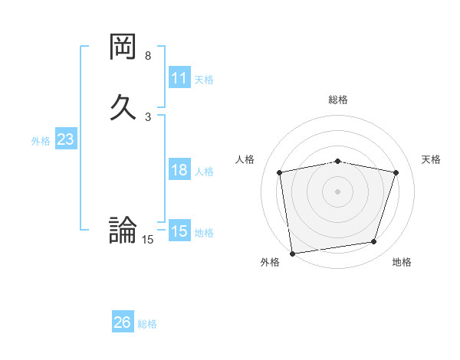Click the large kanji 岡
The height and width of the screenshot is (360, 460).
click(x=123, y=49)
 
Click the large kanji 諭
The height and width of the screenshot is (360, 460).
click(x=123, y=230)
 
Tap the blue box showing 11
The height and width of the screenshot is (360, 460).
click(x=179, y=78)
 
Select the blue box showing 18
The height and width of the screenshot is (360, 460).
click(x=179, y=170)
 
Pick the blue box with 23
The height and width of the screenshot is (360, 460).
click(x=65, y=139)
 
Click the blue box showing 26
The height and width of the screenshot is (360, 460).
click(x=123, y=322)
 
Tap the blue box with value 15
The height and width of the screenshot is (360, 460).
click(x=179, y=231)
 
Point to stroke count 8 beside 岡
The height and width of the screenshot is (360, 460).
click(x=148, y=56)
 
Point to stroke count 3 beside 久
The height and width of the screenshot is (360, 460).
click(x=148, y=117)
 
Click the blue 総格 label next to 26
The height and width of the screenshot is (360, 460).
click(x=147, y=324)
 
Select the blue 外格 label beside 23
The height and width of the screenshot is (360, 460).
click(x=41, y=141)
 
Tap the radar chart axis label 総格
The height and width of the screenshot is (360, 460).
click(x=338, y=100)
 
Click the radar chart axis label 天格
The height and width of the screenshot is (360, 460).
click(x=432, y=159)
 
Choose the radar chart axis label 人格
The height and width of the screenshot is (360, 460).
click(x=245, y=159)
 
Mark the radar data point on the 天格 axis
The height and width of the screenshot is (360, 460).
click(x=396, y=172)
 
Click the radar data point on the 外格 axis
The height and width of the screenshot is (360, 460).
click(x=292, y=252)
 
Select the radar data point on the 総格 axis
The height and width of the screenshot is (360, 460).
click(x=338, y=161)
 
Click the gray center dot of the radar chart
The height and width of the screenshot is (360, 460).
click(x=338, y=191)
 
